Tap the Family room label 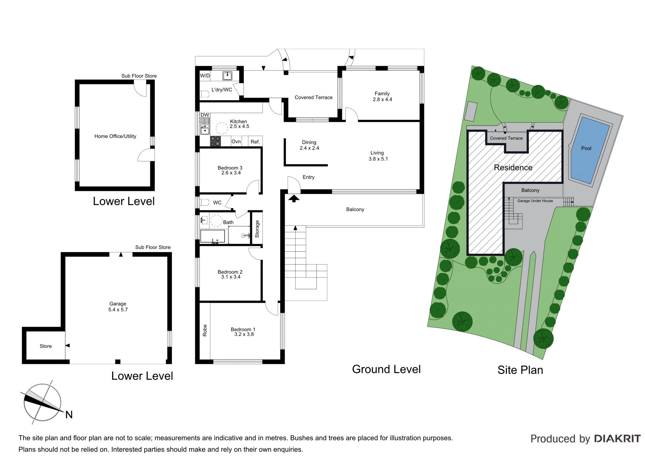[382, 96]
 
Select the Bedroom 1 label [243, 332]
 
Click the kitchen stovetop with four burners [215, 141]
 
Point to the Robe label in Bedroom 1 [205, 330]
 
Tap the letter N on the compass [69, 415]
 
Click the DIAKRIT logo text [617, 439]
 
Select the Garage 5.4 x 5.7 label [118, 306]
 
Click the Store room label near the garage [46, 346]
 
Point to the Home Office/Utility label [115, 136]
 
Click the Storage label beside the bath [257, 229]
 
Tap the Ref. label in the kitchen [255, 141]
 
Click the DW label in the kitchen [205, 115]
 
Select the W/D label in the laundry [205, 76]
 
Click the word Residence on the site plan [513, 167]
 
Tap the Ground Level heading [386, 369]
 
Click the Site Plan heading [520, 370]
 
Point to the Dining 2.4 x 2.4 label [309, 145]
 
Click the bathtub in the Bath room [212, 236]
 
